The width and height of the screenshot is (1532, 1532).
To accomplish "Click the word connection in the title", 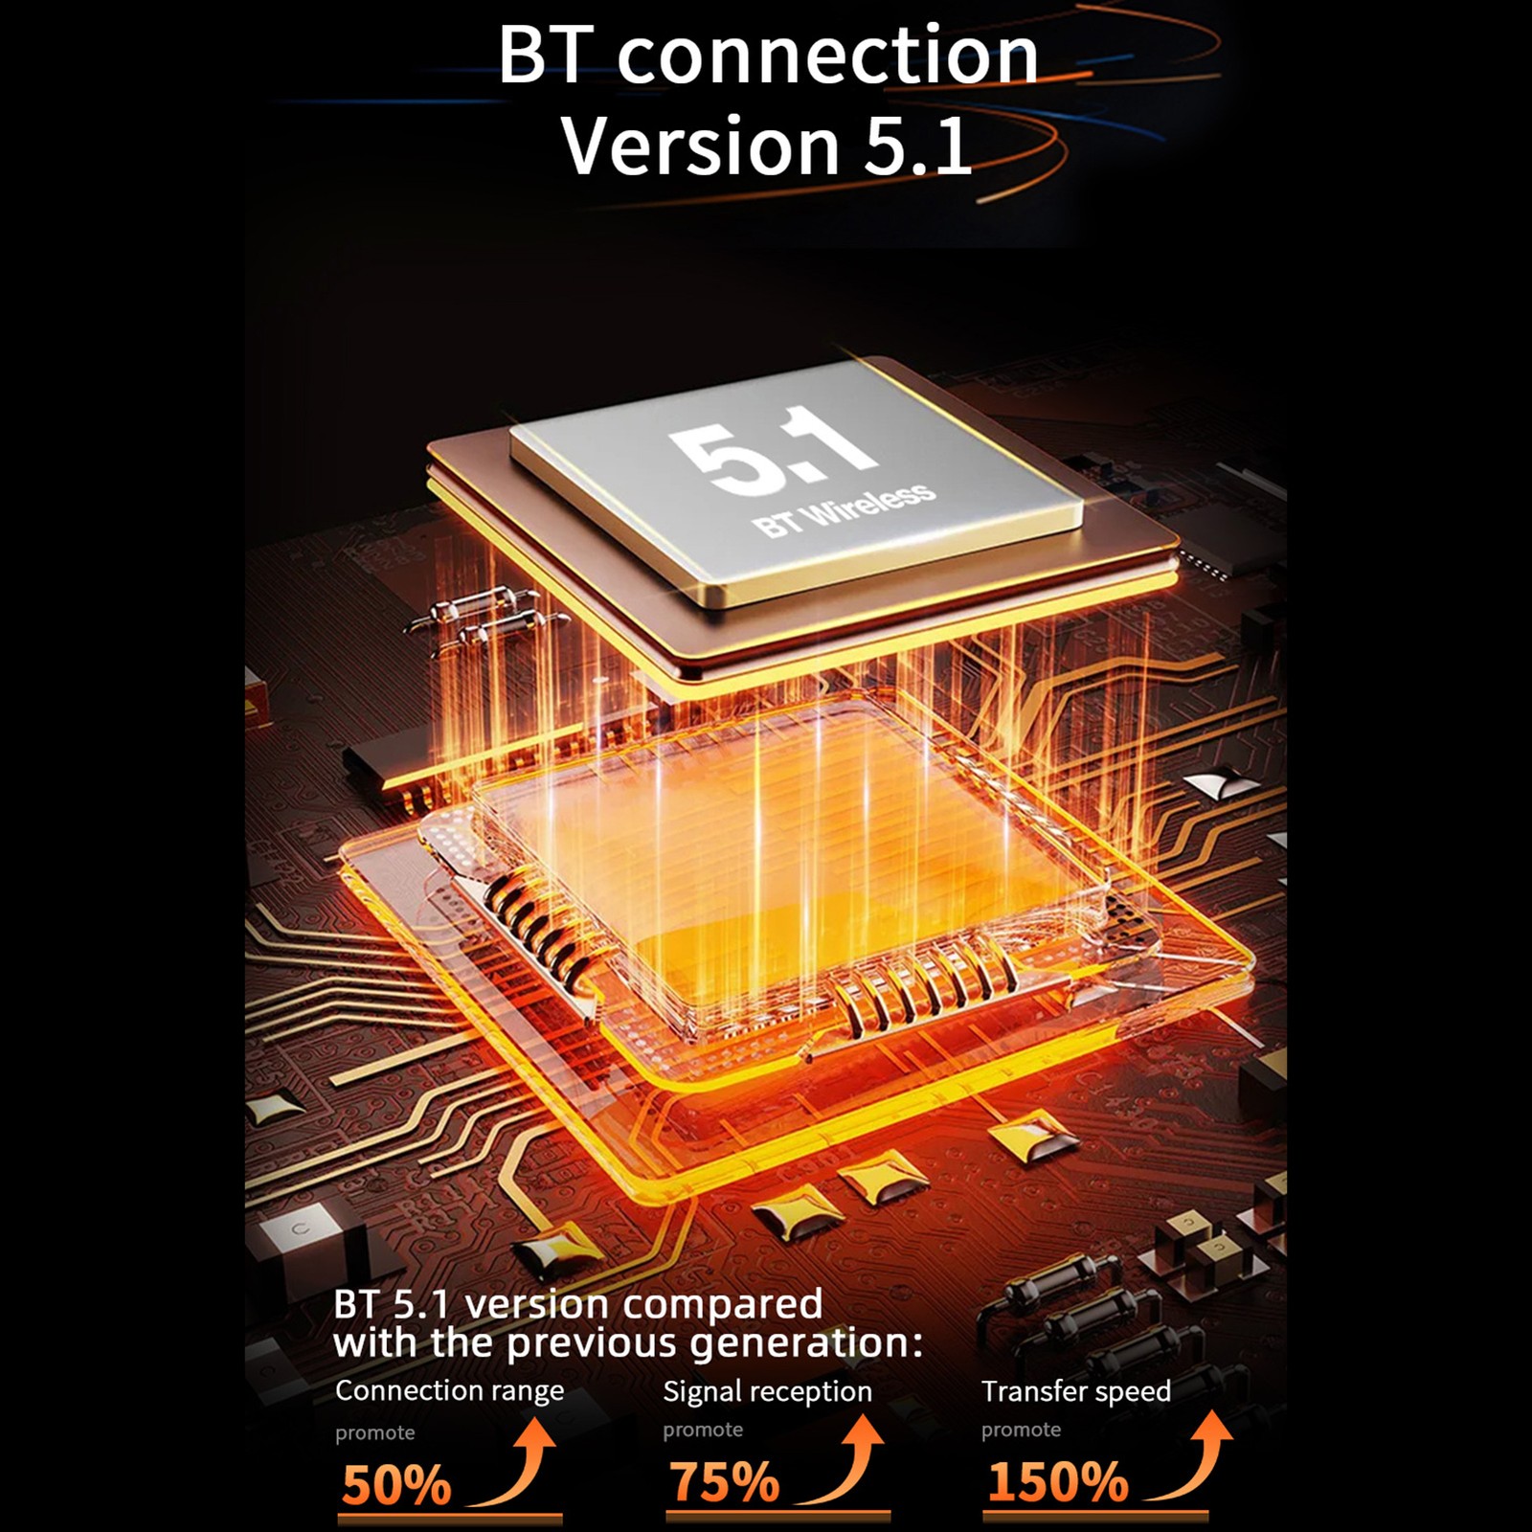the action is click(827, 56).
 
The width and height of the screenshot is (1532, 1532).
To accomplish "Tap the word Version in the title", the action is click(700, 145).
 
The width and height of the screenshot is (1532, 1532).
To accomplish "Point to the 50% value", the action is click(396, 1485).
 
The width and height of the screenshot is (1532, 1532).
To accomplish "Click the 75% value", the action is click(725, 1482).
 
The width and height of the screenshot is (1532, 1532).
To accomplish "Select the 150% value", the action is click(1058, 1482).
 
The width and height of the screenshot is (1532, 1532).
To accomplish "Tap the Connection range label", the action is click(449, 1390).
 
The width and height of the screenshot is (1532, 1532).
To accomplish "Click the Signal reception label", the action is click(767, 1391).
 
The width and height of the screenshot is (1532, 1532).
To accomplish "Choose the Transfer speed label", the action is click(1076, 1391).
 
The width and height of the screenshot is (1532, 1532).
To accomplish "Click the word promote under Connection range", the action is click(375, 1433).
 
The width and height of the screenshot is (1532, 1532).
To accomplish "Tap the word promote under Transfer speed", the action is click(1021, 1431).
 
